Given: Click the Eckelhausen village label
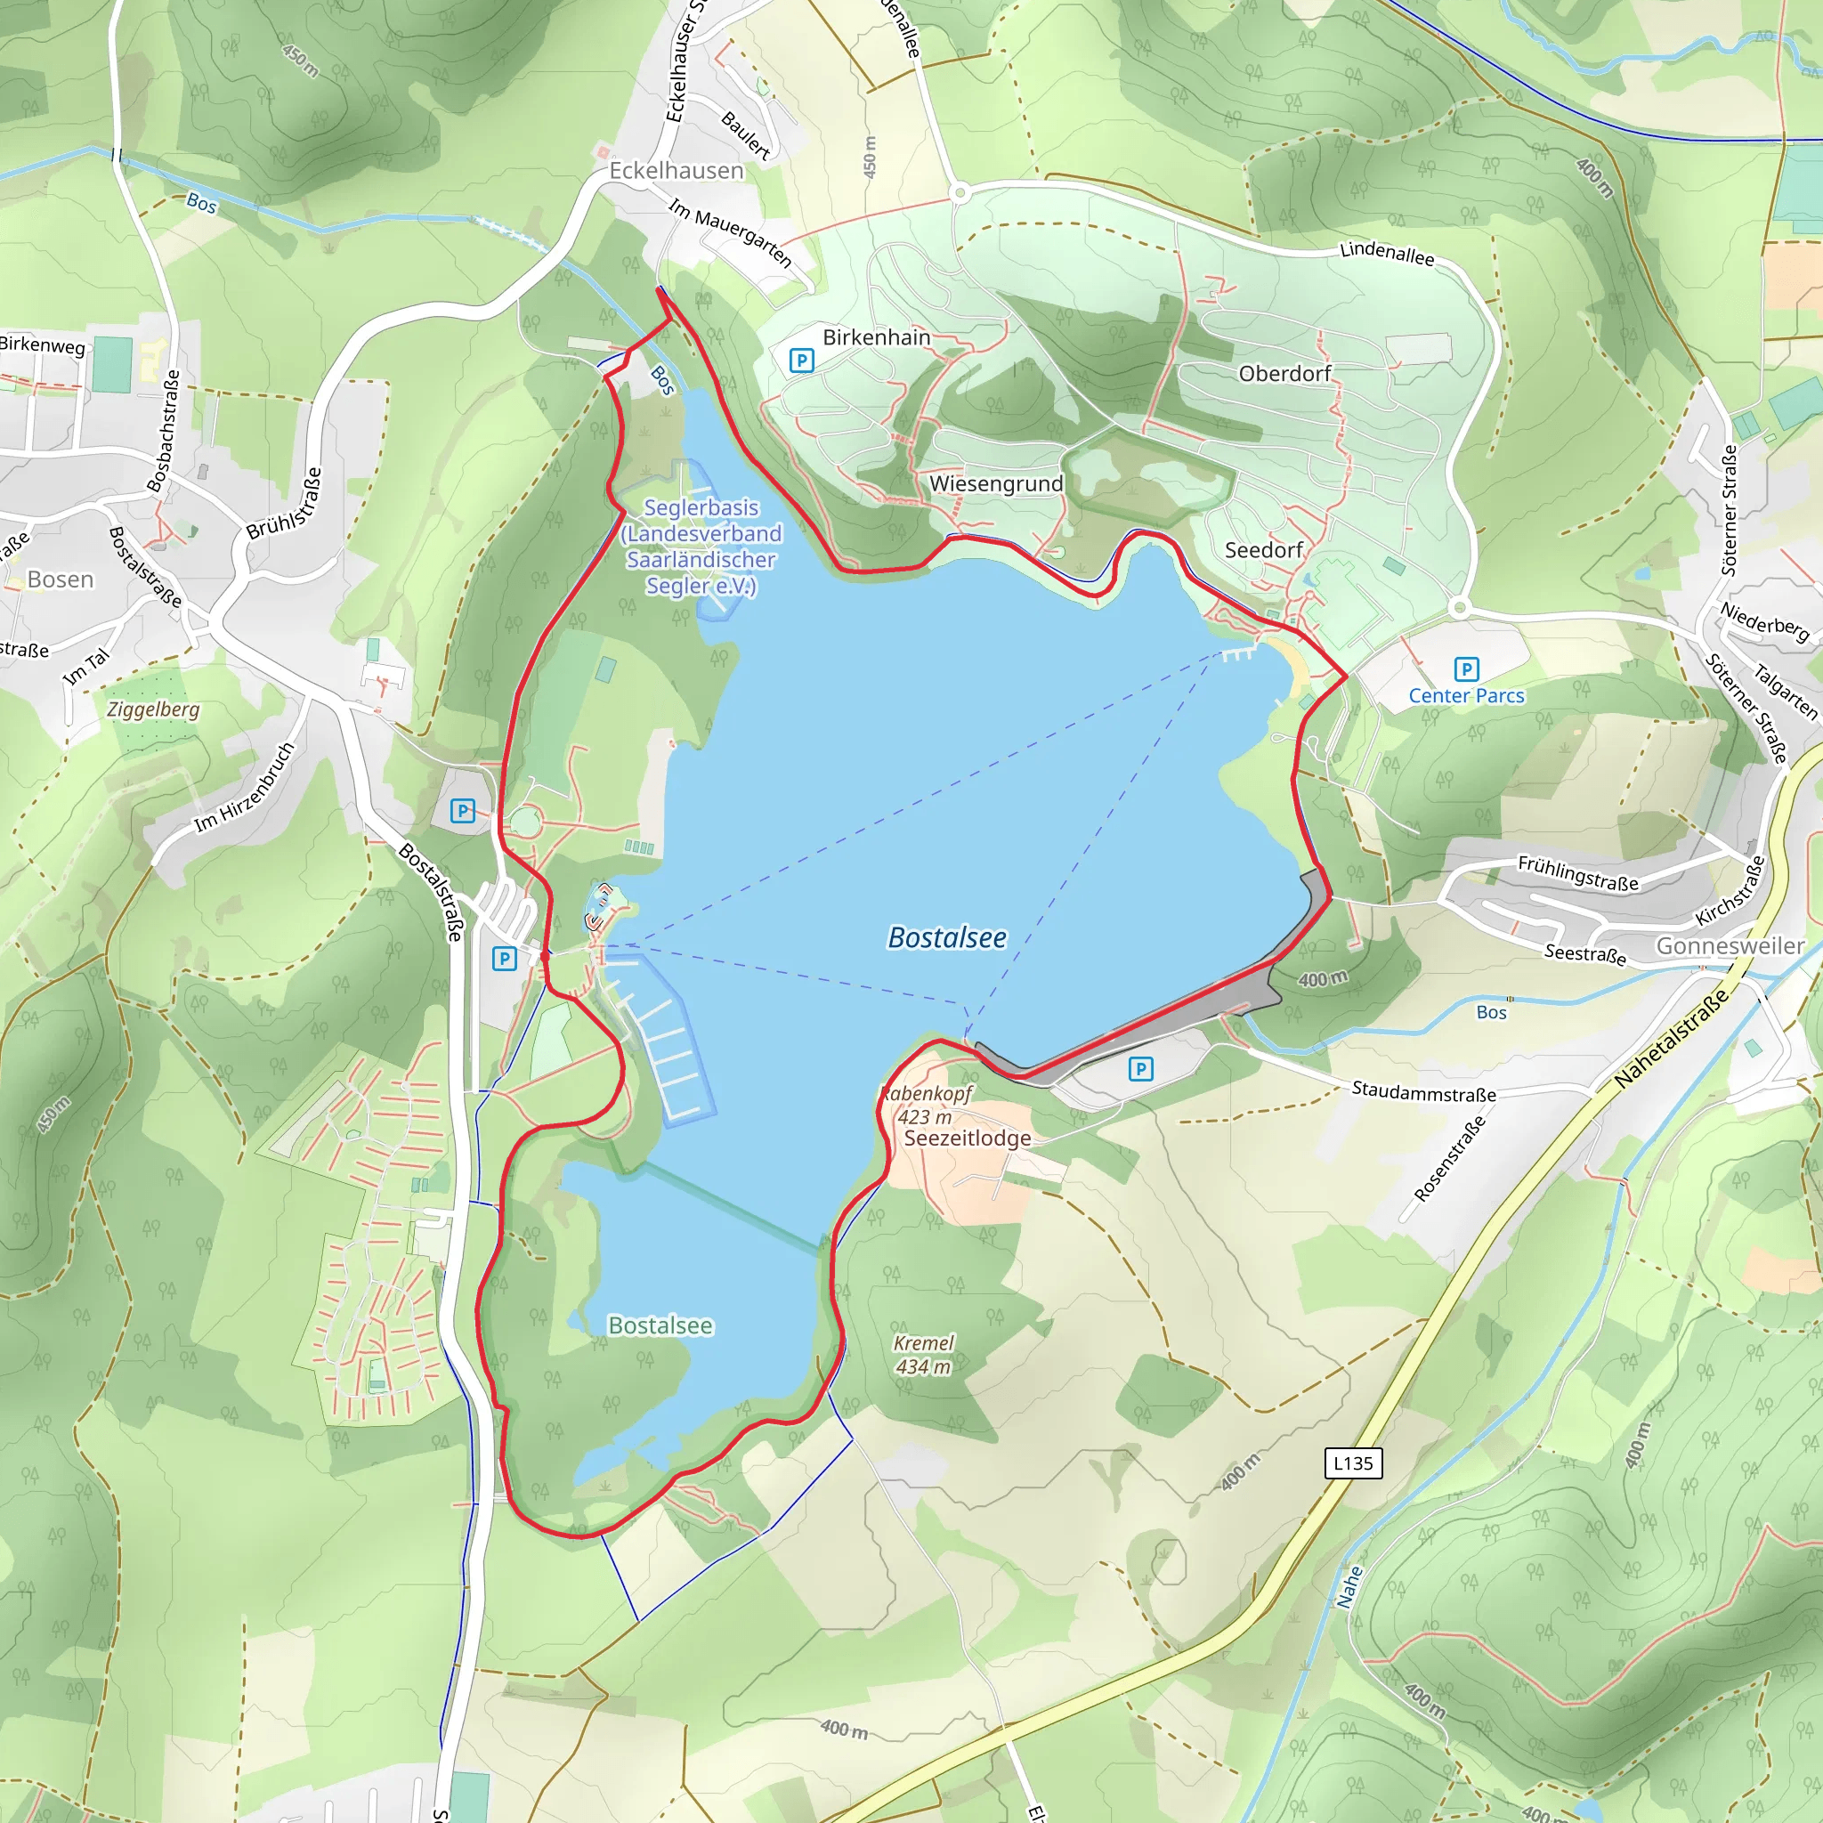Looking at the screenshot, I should click(676, 171).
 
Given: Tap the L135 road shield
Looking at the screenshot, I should click(1352, 1462).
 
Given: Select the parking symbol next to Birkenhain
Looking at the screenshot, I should click(801, 360).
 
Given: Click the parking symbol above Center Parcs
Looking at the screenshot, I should click(1465, 669).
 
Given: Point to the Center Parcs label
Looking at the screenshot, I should click(1465, 695).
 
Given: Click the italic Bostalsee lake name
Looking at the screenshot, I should click(946, 937).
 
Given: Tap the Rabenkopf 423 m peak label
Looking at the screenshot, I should click(926, 1105).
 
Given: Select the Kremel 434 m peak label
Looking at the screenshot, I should click(924, 1354).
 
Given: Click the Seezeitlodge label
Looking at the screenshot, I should click(968, 1138).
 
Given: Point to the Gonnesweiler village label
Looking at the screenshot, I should click(1730, 945).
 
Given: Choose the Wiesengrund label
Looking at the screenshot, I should click(995, 484).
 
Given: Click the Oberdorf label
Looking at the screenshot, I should click(1284, 374).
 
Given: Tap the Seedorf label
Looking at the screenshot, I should click(1263, 550).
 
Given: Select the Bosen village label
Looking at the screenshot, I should click(61, 579).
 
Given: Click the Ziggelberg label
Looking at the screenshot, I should click(153, 709).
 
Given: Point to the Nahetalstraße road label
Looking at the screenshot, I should click(1671, 1038).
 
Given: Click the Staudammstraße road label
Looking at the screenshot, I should click(1423, 1091).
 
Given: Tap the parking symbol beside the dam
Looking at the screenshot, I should click(1141, 1069).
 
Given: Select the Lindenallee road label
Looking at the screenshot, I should click(1386, 253).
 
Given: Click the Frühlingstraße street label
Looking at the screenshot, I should click(1577, 873).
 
